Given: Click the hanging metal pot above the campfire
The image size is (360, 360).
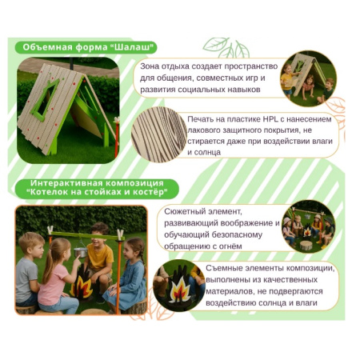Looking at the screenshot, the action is pyautogui.click(x=80, y=252).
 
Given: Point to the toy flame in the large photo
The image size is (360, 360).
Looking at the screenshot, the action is pyautogui.click(x=82, y=284).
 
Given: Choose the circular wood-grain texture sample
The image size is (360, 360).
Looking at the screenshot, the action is pyautogui.click(x=159, y=134).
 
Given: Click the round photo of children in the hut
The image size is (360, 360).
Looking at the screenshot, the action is pyautogui.click(x=308, y=78).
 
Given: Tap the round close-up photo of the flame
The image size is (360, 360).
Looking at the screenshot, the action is pyautogui.click(x=179, y=286).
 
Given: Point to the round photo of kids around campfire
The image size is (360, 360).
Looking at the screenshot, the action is pyautogui.click(x=309, y=226).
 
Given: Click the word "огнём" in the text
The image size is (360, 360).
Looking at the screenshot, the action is pyautogui.click(x=230, y=246).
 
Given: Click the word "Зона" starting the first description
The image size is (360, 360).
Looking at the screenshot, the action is pyautogui.click(x=150, y=66).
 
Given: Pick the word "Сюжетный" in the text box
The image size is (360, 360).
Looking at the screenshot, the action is pyautogui.click(x=182, y=211).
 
